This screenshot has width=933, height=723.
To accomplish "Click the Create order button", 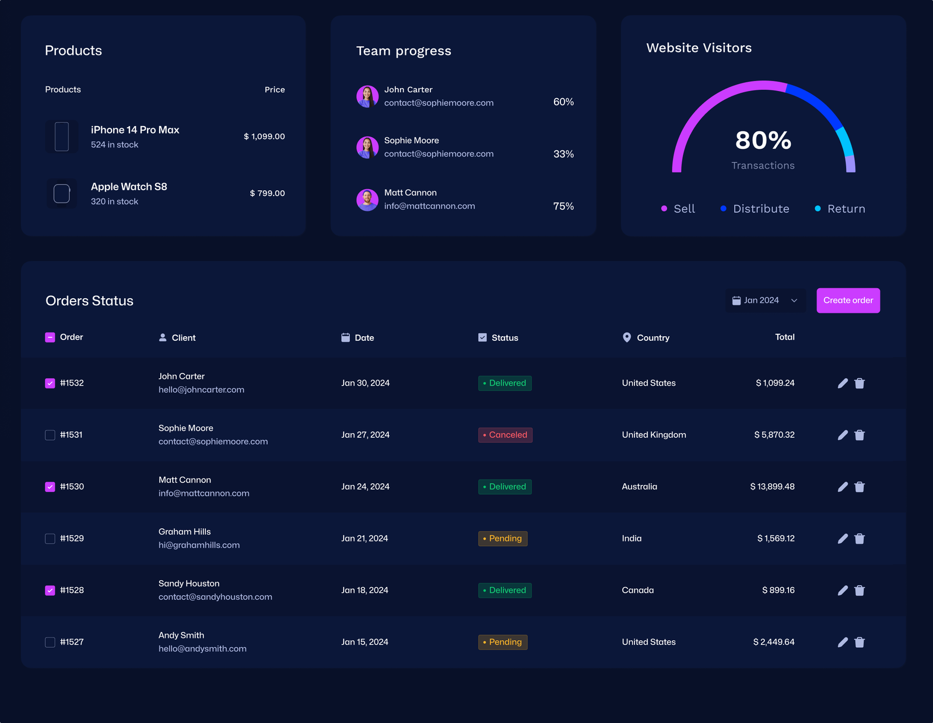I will pyautogui.click(x=848, y=301).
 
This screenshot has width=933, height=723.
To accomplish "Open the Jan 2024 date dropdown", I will pyautogui.click(x=765, y=301).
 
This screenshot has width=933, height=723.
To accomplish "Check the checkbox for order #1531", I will pyautogui.click(x=50, y=435).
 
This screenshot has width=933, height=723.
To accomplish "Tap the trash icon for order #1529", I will pyautogui.click(x=860, y=539).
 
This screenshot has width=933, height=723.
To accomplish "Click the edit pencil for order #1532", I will pyautogui.click(x=843, y=383).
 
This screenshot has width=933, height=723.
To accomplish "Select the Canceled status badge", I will pyautogui.click(x=505, y=435).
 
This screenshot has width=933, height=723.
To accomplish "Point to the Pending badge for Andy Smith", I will pyautogui.click(x=503, y=642).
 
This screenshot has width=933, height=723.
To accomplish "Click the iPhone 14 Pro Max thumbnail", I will pyautogui.click(x=62, y=137).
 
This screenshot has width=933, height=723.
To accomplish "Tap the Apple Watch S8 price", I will pyautogui.click(x=267, y=193).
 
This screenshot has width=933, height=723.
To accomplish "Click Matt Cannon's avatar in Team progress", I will pyautogui.click(x=367, y=200).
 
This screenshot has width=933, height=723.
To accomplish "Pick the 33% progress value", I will pyautogui.click(x=563, y=154).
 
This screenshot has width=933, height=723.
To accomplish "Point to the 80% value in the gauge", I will pyautogui.click(x=763, y=141).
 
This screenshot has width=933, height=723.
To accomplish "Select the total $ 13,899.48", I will pyautogui.click(x=772, y=487).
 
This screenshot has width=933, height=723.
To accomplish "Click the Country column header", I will pyautogui.click(x=653, y=338).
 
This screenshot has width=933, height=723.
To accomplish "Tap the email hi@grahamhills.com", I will pyautogui.click(x=199, y=545).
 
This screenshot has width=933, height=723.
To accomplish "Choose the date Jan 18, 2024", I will pyautogui.click(x=364, y=590).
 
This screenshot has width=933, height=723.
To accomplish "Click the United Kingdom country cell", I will pyautogui.click(x=654, y=435).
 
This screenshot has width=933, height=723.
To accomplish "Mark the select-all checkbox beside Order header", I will pyautogui.click(x=50, y=337).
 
